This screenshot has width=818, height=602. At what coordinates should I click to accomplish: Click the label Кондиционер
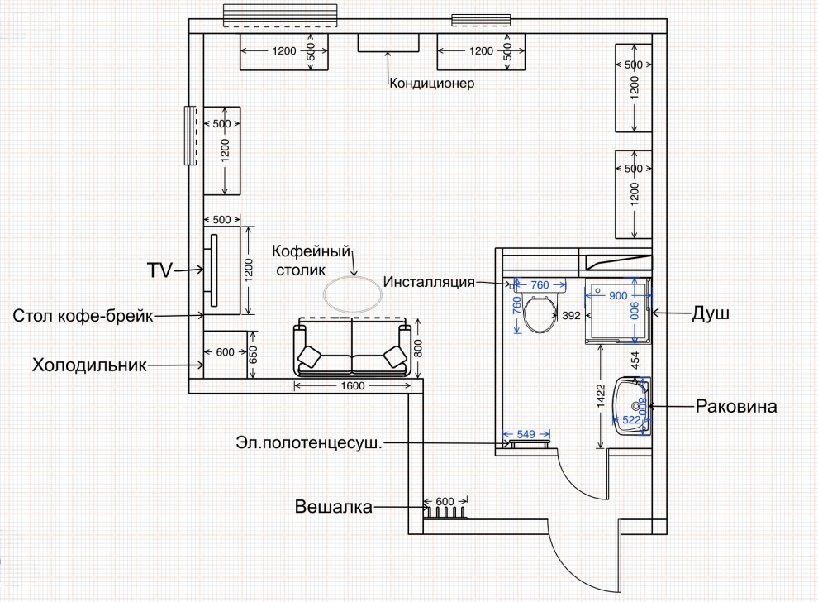coord(432,84)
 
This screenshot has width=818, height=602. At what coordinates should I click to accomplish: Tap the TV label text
coord(159,270)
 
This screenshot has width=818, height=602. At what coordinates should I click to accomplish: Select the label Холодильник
coord(89,365)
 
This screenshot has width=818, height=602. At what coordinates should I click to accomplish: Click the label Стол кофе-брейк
coord(83,316)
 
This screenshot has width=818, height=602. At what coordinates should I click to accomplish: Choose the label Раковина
coord(736,406)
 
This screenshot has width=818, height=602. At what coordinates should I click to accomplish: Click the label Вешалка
coord(334,506)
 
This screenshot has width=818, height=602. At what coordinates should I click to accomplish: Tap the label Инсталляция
coord(429,282)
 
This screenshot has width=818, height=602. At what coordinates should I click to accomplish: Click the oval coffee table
coord(353,294)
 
